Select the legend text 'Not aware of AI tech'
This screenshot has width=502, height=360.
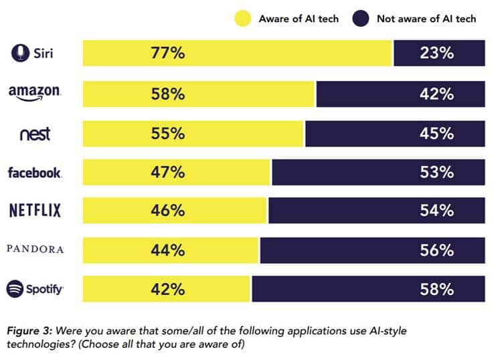click(426, 19)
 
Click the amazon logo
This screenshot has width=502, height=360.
click(35, 93)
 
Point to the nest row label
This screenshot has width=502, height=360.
click(35, 133)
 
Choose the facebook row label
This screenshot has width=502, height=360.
click(35, 173)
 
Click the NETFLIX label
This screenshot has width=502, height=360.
click(35, 211)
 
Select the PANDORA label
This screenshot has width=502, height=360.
click(35, 250)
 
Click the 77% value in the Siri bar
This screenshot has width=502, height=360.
click(168, 54)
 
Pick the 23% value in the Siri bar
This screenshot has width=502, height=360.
click(437, 54)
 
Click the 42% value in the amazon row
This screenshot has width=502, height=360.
click(437, 94)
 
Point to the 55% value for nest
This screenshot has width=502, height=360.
click(168, 133)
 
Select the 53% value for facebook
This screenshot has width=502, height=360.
click(437, 172)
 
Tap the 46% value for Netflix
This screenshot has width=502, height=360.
click(168, 211)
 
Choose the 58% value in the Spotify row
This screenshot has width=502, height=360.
click(437, 289)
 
